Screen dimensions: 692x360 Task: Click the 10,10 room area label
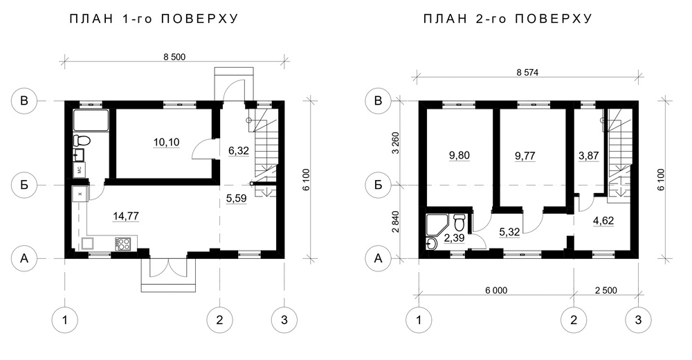166,142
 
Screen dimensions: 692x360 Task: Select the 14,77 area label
126,216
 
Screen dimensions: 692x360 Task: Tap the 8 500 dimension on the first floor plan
174,57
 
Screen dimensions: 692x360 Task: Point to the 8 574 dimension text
527,73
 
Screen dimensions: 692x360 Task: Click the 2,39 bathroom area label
455,239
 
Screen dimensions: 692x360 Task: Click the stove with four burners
122,244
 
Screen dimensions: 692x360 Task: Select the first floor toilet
82,141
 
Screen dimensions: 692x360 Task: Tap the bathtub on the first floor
91,120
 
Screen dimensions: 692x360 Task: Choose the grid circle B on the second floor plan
378,100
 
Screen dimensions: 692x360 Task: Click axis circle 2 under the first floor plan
220,320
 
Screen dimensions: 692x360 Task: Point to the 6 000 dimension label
496,290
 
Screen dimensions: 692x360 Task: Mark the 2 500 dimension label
606,290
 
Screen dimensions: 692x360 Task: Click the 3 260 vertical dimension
395,142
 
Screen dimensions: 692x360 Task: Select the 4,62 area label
603,220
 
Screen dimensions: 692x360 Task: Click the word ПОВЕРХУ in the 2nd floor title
554,19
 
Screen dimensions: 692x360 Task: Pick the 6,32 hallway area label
239,151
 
